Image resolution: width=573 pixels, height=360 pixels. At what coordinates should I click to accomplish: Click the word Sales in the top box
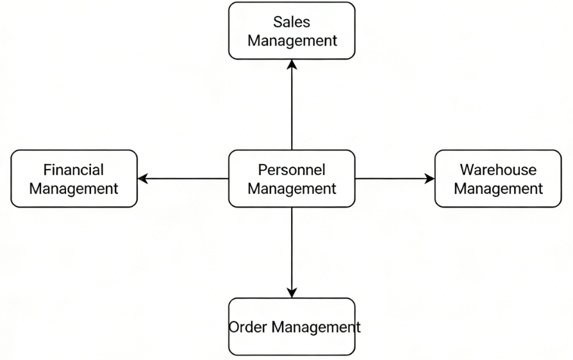(x=292, y=22)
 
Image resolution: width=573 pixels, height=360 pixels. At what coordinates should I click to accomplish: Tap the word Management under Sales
(x=292, y=41)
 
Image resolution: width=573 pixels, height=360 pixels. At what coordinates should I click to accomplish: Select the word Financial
(x=74, y=170)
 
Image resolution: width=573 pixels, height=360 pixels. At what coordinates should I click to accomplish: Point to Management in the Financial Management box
(x=74, y=189)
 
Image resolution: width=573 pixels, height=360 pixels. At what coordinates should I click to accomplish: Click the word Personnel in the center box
(x=292, y=170)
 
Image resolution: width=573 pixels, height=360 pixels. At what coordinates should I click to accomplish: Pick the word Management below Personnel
(x=292, y=189)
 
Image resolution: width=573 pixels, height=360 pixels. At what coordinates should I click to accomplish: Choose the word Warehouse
(x=498, y=170)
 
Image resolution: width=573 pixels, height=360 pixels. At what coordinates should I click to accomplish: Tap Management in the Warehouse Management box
(x=498, y=189)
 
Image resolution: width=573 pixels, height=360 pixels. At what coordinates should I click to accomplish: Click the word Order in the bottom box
(x=248, y=327)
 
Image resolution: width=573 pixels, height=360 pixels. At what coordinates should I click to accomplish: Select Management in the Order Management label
(x=315, y=327)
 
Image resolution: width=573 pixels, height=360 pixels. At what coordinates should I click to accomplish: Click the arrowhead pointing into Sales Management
(x=292, y=64)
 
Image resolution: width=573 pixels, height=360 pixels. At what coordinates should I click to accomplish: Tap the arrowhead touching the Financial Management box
(x=143, y=179)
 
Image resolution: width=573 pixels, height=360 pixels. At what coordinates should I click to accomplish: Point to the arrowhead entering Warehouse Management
(x=429, y=179)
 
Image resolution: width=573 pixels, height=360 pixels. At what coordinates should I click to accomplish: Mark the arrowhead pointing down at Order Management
(x=292, y=293)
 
